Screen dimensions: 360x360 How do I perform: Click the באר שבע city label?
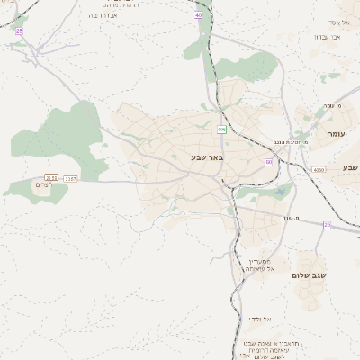click(206, 157)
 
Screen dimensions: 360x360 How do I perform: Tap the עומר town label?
click(336, 133)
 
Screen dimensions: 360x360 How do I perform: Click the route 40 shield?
click(198, 15)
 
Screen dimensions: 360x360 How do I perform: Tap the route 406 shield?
click(220, 130)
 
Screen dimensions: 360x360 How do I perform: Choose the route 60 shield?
click(268, 162)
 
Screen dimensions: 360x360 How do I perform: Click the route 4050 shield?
click(319, 169)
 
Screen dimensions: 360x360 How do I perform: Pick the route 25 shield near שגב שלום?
click(327, 225)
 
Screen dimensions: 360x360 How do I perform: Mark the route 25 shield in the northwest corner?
click(19, 31)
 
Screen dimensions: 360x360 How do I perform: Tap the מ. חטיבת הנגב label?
click(292, 142)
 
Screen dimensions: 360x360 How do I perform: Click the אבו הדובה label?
click(105, 15)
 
